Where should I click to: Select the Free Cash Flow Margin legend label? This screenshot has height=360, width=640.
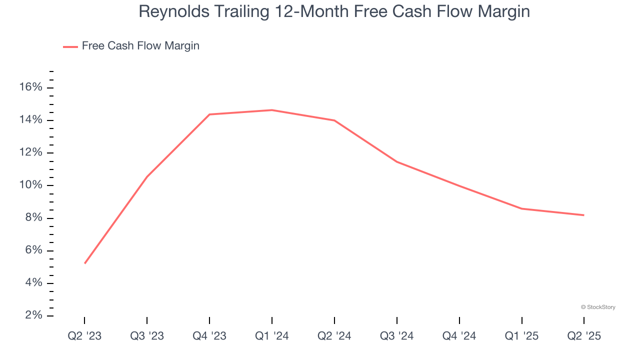pos(140,46)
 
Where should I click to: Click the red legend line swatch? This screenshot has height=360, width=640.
pos(70,46)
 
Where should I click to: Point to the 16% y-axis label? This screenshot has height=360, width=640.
pos(31,87)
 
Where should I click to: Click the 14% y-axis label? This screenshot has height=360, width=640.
pos(31,120)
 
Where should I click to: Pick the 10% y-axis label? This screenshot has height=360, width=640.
pos(31,185)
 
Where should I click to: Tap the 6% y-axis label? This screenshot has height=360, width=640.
pos(33,250)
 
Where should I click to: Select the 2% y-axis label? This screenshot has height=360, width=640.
pos(33,315)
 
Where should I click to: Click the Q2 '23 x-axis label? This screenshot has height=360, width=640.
pos(84,336)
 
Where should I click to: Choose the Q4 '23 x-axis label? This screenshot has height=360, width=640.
pos(209,336)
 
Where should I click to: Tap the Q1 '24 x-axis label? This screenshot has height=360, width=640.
pos(272,336)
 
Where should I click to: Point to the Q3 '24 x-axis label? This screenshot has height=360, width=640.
pos(397,336)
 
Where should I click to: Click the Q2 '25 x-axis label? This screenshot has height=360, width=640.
pos(584,336)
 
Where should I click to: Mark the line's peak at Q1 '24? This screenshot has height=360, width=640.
pos(272,110)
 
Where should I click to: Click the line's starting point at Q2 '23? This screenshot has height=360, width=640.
pos(85,263)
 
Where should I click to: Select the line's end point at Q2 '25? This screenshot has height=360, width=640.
pos(584,215)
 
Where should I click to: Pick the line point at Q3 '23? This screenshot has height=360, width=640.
pos(147,176)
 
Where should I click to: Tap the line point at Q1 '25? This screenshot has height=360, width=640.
pos(521,208)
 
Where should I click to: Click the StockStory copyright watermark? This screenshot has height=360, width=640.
pos(598,307)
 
